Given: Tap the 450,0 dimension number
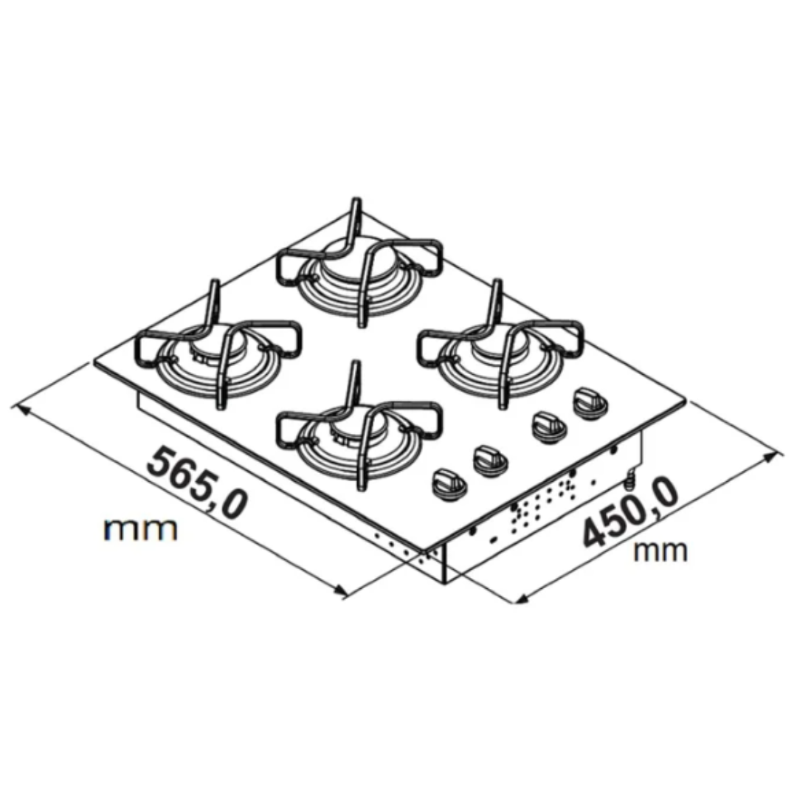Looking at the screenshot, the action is click(x=630, y=514).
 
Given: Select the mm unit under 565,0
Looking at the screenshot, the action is click(x=141, y=530).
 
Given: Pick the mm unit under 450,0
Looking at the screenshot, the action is click(x=660, y=551).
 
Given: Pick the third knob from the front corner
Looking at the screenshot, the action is click(x=549, y=425).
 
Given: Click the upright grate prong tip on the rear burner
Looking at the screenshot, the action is click(x=357, y=200).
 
